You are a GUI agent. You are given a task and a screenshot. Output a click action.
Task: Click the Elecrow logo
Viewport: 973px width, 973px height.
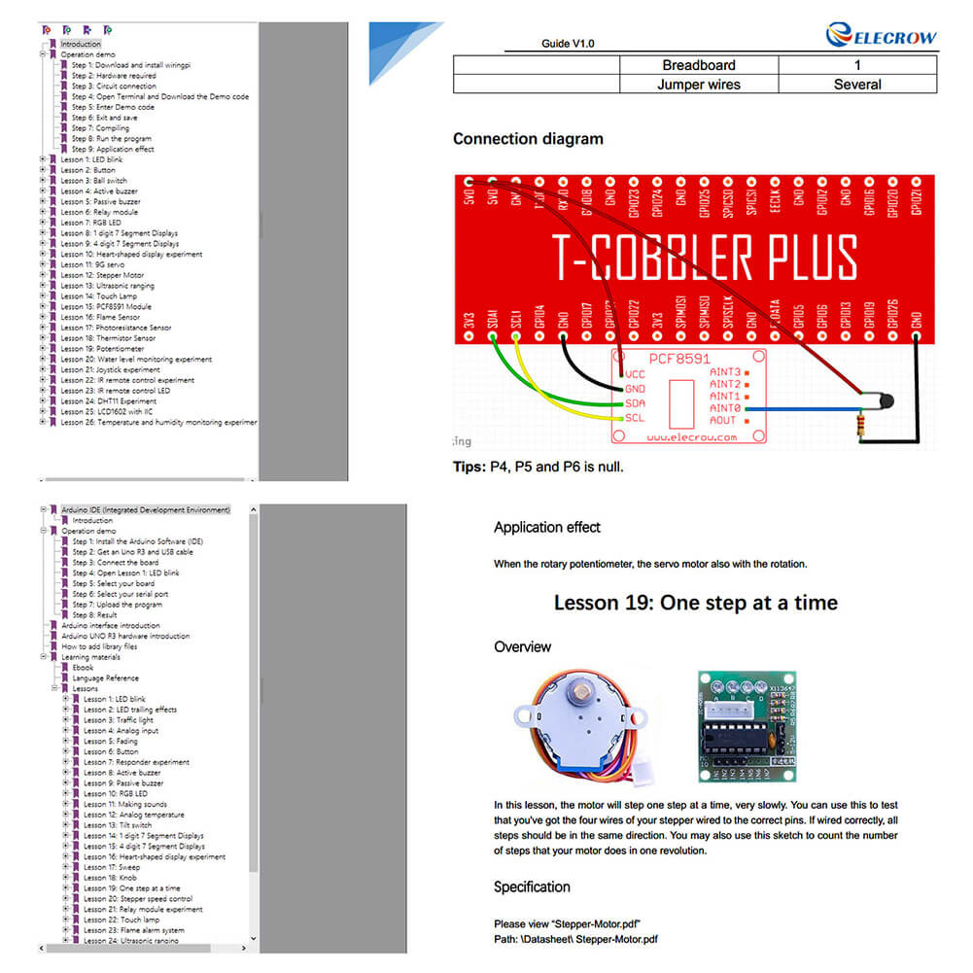(882, 36)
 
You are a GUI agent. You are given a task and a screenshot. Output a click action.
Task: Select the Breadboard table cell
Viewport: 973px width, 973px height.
(698, 65)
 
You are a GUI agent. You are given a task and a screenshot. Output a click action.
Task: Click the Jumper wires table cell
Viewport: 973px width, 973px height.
(698, 85)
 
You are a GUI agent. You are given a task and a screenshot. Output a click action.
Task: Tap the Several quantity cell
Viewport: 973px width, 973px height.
(856, 85)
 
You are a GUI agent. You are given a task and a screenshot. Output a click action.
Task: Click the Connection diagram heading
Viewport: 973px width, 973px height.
(528, 139)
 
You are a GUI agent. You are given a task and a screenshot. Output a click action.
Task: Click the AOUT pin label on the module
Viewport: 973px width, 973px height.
(723, 421)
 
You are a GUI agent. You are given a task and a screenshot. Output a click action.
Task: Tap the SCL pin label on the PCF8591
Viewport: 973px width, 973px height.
(634, 418)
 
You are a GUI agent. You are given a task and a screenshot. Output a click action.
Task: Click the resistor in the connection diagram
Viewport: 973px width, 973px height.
(860, 425)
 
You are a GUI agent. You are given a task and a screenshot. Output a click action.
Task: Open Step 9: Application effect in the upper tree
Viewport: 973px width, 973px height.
(113, 150)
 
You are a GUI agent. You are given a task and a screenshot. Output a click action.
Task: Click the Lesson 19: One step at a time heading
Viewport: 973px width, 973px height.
(695, 603)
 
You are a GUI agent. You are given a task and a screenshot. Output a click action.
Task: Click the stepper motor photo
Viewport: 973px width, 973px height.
(577, 725)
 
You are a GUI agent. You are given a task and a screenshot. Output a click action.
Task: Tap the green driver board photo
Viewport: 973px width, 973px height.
(750, 725)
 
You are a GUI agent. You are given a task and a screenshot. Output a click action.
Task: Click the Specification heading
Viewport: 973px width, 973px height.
(532, 886)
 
